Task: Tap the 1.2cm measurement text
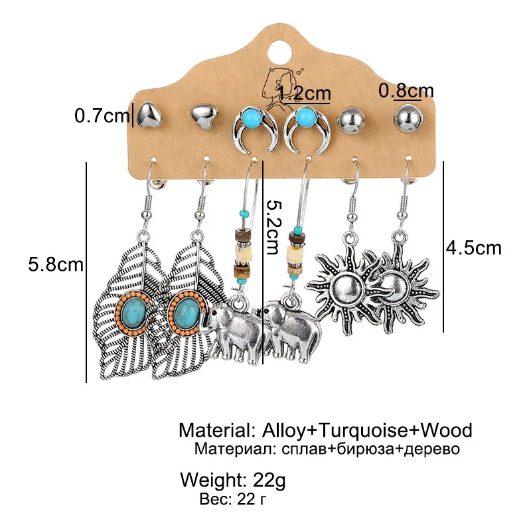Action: click(305, 93)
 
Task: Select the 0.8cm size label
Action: click(406, 90)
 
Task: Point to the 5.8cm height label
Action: click(56, 265)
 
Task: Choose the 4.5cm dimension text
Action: click(474, 248)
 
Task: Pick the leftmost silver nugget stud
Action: click(147, 115)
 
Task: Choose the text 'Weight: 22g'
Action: click(232, 479)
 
